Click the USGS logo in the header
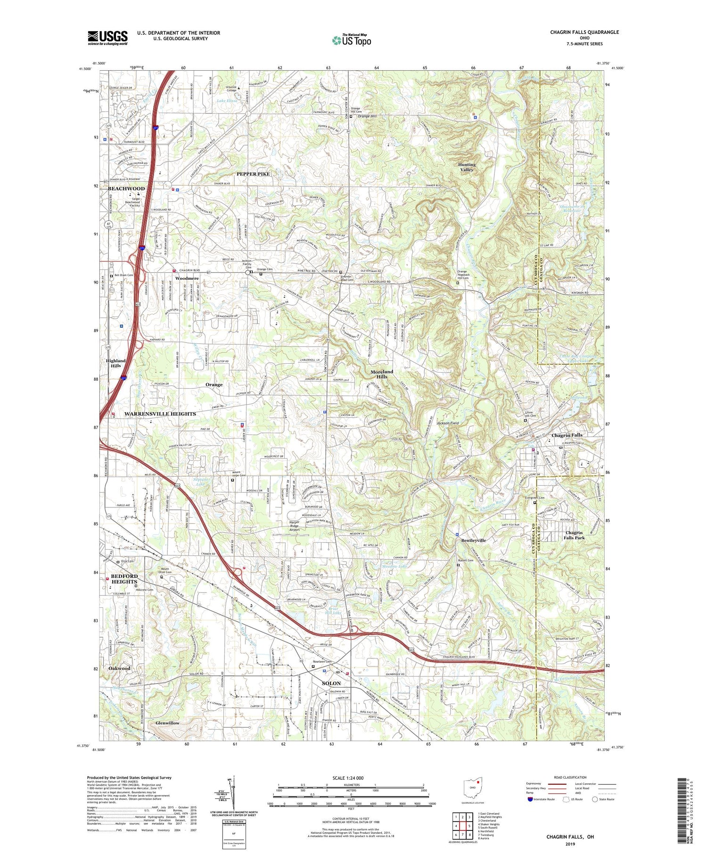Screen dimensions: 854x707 click(x=107, y=38)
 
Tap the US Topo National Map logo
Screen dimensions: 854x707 click(x=351, y=41)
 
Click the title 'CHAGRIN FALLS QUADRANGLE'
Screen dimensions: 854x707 click(x=584, y=32)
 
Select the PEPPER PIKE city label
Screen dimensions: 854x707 click(x=253, y=174)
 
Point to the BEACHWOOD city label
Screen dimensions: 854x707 click(x=126, y=188)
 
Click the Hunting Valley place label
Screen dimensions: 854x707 click(x=467, y=167)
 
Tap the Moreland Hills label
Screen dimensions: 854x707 click(x=381, y=374)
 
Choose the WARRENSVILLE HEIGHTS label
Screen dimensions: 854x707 click(x=160, y=414)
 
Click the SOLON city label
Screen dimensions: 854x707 click(x=331, y=683)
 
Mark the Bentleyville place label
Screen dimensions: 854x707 click(x=473, y=540)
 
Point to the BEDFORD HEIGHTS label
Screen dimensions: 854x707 click(x=124, y=578)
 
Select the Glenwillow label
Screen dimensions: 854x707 click(x=167, y=723)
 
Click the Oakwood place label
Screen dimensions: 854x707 click(x=119, y=668)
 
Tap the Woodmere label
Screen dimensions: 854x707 click(x=187, y=278)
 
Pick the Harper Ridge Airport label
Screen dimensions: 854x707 click(x=295, y=526)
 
